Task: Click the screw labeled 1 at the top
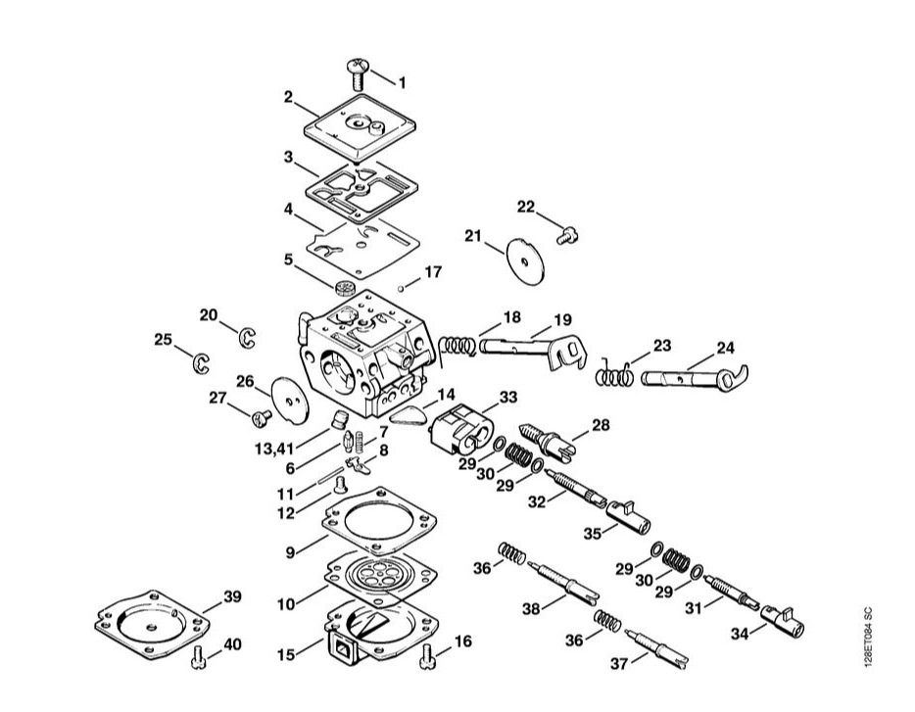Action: click(x=357, y=73)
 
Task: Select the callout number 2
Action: click(x=289, y=97)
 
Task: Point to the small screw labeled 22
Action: click(x=565, y=233)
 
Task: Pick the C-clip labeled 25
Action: click(x=200, y=362)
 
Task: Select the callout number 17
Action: click(x=432, y=271)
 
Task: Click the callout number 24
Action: click(x=725, y=348)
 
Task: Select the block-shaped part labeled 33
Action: click(x=460, y=430)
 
